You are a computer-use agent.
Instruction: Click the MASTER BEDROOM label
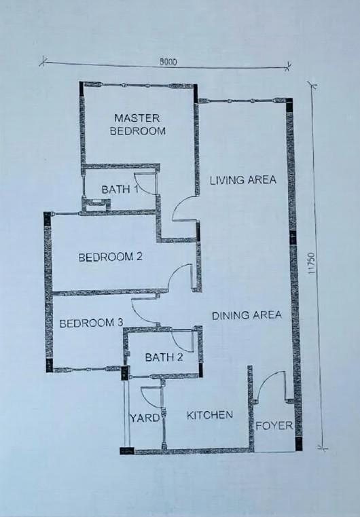point(137,124)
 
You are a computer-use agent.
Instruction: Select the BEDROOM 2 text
point(111,257)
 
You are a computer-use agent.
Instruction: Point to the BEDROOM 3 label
point(91,323)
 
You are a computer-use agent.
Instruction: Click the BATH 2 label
point(164,357)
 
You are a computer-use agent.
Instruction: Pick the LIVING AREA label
point(243,180)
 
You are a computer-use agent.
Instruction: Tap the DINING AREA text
point(247,315)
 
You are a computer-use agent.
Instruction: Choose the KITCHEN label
point(210,415)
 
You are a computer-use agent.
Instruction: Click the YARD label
point(145,418)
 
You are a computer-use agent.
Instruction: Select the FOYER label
point(274,426)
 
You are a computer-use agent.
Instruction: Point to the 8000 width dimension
point(168,62)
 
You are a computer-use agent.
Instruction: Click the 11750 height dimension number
point(312,263)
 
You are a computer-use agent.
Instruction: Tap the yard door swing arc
point(147,402)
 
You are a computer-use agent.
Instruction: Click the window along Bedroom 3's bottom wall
point(86,370)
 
